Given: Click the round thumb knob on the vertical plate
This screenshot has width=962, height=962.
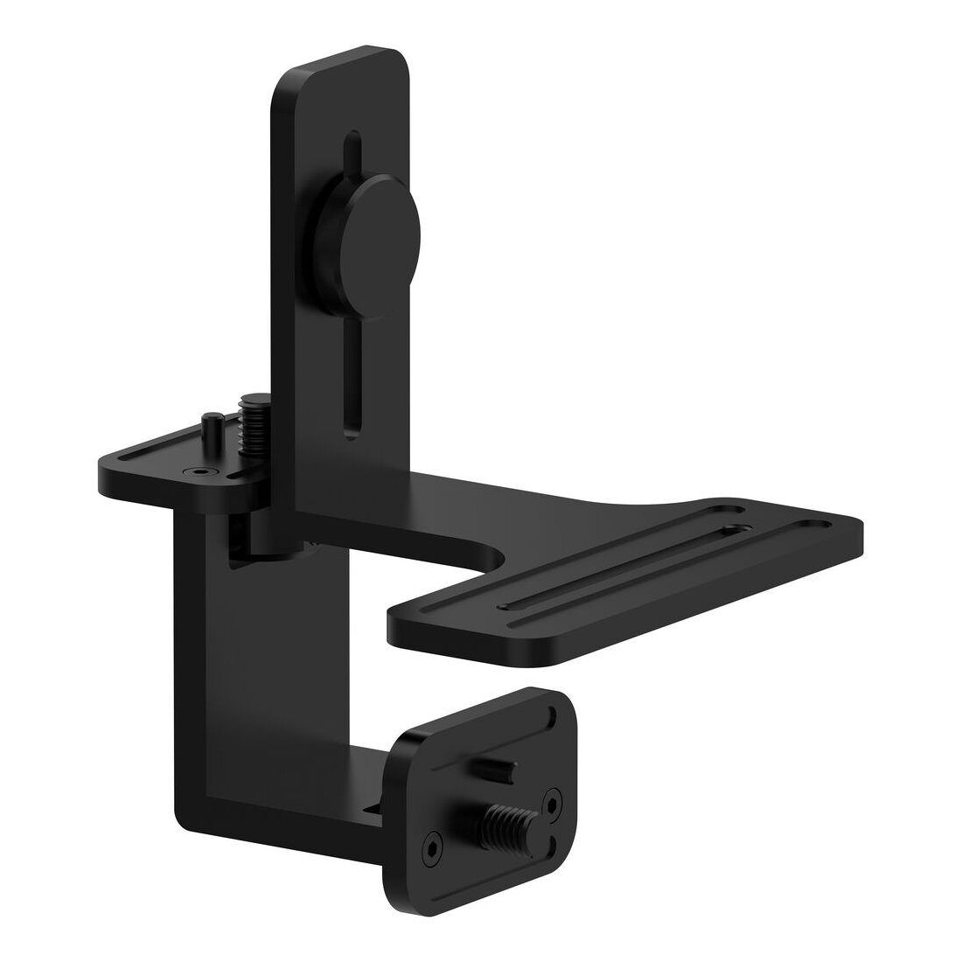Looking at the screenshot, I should [379, 228].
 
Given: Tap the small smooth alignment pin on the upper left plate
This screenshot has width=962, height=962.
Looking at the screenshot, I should [211, 427].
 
